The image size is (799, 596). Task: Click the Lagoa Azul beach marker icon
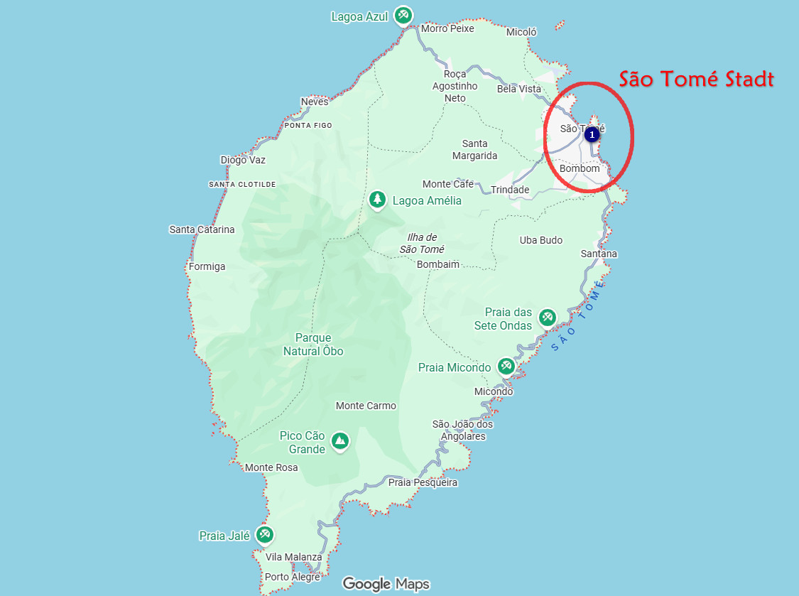(404, 16)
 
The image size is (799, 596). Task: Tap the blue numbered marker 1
(592, 134)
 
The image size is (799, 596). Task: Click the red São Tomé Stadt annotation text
(696, 79)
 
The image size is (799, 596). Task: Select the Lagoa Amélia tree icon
(377, 200)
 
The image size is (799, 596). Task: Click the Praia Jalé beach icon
(264, 535)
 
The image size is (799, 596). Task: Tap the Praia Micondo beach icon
(506, 367)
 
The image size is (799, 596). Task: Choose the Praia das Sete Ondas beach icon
(547, 318)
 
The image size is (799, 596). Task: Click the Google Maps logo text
(386, 584)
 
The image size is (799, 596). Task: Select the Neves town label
(315, 102)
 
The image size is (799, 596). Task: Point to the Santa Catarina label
(202, 229)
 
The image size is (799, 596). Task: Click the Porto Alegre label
(292, 577)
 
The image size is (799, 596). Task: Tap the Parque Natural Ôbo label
(313, 345)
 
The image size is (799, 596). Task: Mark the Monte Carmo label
(366, 406)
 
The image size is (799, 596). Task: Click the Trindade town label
(510, 190)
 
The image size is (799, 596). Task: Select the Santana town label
(599, 254)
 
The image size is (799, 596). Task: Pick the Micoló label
(521, 32)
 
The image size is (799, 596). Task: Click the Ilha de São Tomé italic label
(422, 243)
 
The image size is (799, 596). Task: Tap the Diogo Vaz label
(243, 160)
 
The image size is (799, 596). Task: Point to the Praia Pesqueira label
(423, 482)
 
